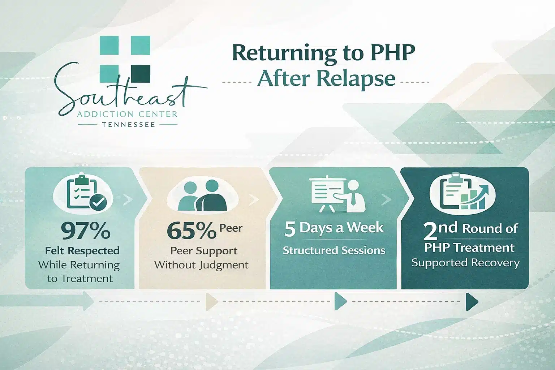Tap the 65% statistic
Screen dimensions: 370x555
point(192,231)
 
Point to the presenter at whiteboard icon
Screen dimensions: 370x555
point(338,195)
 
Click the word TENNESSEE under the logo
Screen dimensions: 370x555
point(128,125)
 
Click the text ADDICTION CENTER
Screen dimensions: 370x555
point(128,114)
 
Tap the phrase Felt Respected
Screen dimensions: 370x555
point(82,250)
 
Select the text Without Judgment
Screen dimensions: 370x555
point(201,265)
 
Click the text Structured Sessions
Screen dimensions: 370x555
point(334,250)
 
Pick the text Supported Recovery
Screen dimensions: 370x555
point(465,263)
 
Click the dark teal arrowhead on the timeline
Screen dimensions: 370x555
point(472,302)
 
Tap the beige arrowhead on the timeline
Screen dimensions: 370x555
point(211,302)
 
